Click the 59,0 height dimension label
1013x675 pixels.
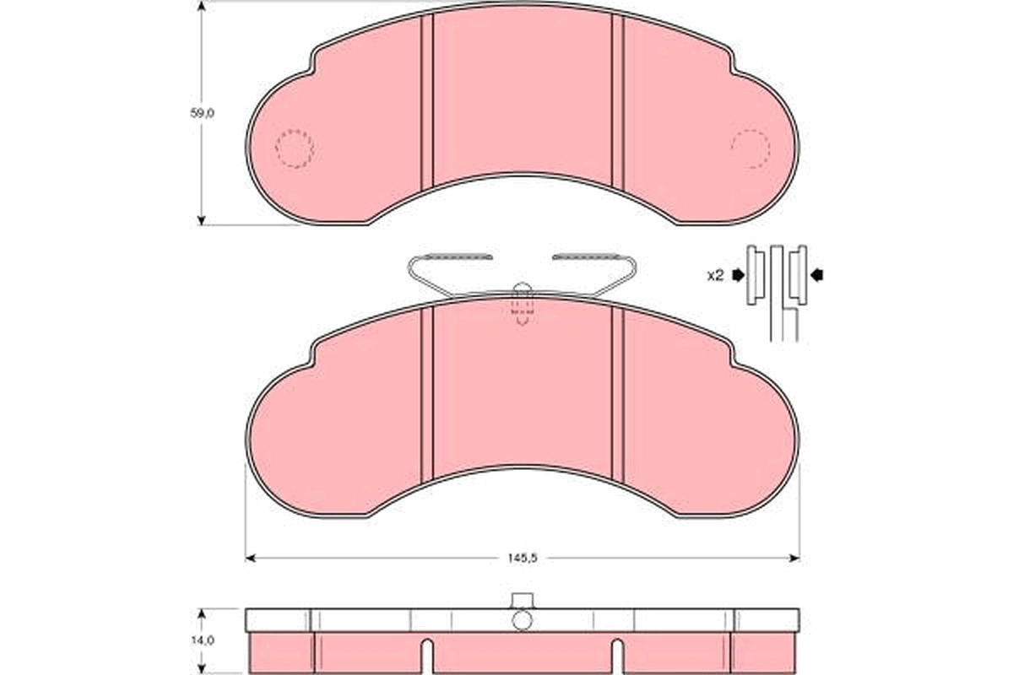[202, 112]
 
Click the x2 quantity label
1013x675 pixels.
[715, 275]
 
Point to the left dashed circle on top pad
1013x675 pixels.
[294, 149]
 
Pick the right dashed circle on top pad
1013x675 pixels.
[750, 149]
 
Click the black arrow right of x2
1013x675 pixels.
[739, 275]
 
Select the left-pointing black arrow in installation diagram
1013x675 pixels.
[816, 274]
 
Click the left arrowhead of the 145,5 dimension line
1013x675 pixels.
[250, 558]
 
